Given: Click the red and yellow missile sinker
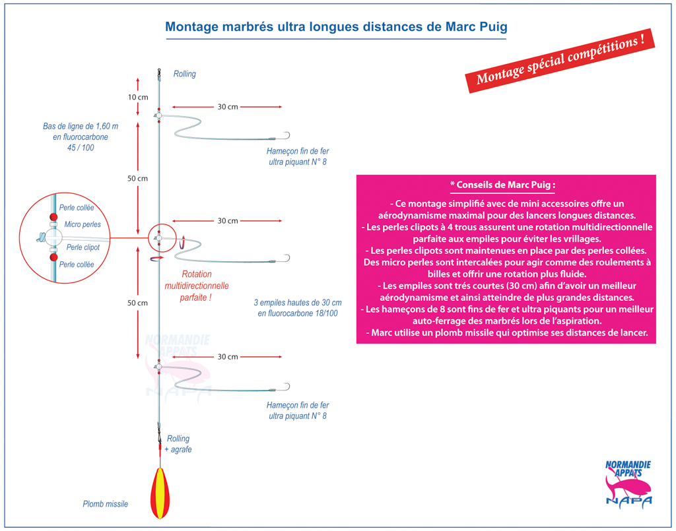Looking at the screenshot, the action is tap(160, 493).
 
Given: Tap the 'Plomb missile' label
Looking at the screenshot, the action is tap(105, 504).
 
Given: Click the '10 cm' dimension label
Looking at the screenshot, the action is tap(138, 98).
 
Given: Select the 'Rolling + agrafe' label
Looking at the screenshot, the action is tap(178, 444).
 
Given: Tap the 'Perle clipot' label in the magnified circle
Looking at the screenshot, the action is tap(83, 247).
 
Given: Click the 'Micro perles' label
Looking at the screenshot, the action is tap(83, 224).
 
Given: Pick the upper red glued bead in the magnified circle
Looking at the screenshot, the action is tap(53, 216).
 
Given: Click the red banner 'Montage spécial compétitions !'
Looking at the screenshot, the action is tap(560, 60).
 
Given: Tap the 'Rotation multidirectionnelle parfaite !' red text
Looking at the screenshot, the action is tap(197, 286).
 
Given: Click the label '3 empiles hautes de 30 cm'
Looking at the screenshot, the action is tap(298, 303).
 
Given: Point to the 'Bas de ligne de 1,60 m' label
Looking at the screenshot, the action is tap(80, 126).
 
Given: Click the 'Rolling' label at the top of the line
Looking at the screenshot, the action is tap(185, 74).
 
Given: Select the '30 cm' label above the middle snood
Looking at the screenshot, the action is tap(228, 221).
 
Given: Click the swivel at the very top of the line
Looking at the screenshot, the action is tap(159, 74).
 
